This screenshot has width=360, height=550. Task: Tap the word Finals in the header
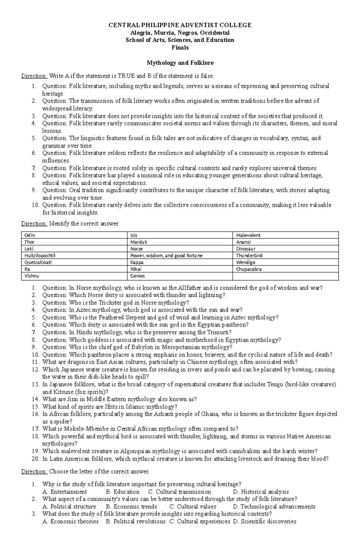click(x=180, y=47)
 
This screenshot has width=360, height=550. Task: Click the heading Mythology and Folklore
click(x=180, y=63)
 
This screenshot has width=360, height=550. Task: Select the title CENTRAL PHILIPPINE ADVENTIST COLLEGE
click(x=180, y=25)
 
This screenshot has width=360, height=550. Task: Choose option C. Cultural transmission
click(x=179, y=492)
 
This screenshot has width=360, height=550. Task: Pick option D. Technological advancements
click(x=274, y=507)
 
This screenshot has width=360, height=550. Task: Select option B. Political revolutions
click(x=136, y=522)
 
